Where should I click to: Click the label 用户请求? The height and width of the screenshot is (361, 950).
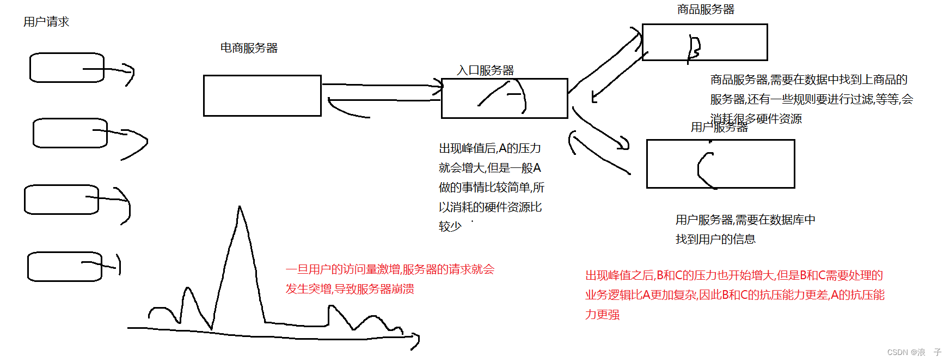[x=46, y=22]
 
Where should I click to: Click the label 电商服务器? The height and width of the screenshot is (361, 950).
[x=249, y=48]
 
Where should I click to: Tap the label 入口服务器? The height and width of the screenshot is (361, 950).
[x=485, y=70]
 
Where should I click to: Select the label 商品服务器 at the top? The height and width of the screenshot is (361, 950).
[x=706, y=9]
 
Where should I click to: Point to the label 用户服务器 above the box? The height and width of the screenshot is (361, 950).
[x=719, y=128]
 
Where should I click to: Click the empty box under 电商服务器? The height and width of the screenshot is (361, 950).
[x=262, y=96]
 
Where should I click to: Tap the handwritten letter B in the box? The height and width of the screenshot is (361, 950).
[x=694, y=48]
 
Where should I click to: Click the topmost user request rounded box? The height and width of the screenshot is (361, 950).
[x=66, y=68]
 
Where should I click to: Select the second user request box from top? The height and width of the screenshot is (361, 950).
[x=70, y=133]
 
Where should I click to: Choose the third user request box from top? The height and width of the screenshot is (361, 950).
[x=62, y=200]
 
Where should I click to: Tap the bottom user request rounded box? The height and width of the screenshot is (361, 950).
[x=65, y=267]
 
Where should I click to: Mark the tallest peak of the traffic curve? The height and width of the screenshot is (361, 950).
[x=240, y=208]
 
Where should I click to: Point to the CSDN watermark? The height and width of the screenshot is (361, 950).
[x=914, y=352]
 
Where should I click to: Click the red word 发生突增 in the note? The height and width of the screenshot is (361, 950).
[x=309, y=289]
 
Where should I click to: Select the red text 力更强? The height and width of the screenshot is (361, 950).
[x=602, y=315]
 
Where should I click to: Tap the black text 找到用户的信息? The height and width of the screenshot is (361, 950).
[x=715, y=239]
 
